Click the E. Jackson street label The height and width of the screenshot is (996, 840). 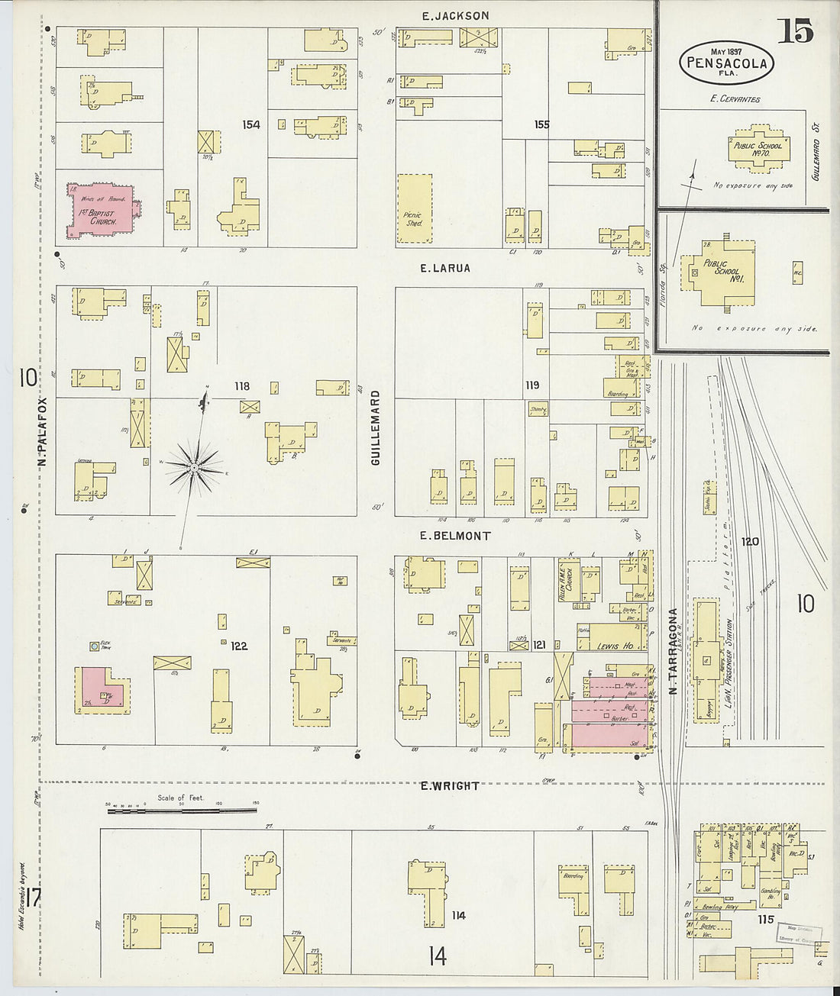(x=456, y=15)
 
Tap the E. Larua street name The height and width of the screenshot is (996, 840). (x=445, y=269)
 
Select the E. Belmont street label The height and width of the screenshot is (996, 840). (x=455, y=536)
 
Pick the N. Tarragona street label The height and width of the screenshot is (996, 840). (x=674, y=651)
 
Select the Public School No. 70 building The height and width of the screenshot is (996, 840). (x=758, y=148)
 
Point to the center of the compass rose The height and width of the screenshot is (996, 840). (x=195, y=466)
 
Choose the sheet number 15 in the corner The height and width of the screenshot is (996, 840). (x=795, y=31)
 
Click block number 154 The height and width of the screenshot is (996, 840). (x=250, y=124)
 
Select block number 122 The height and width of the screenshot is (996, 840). (x=239, y=646)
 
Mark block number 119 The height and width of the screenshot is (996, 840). (x=531, y=385)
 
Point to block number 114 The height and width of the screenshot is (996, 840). (x=458, y=915)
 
